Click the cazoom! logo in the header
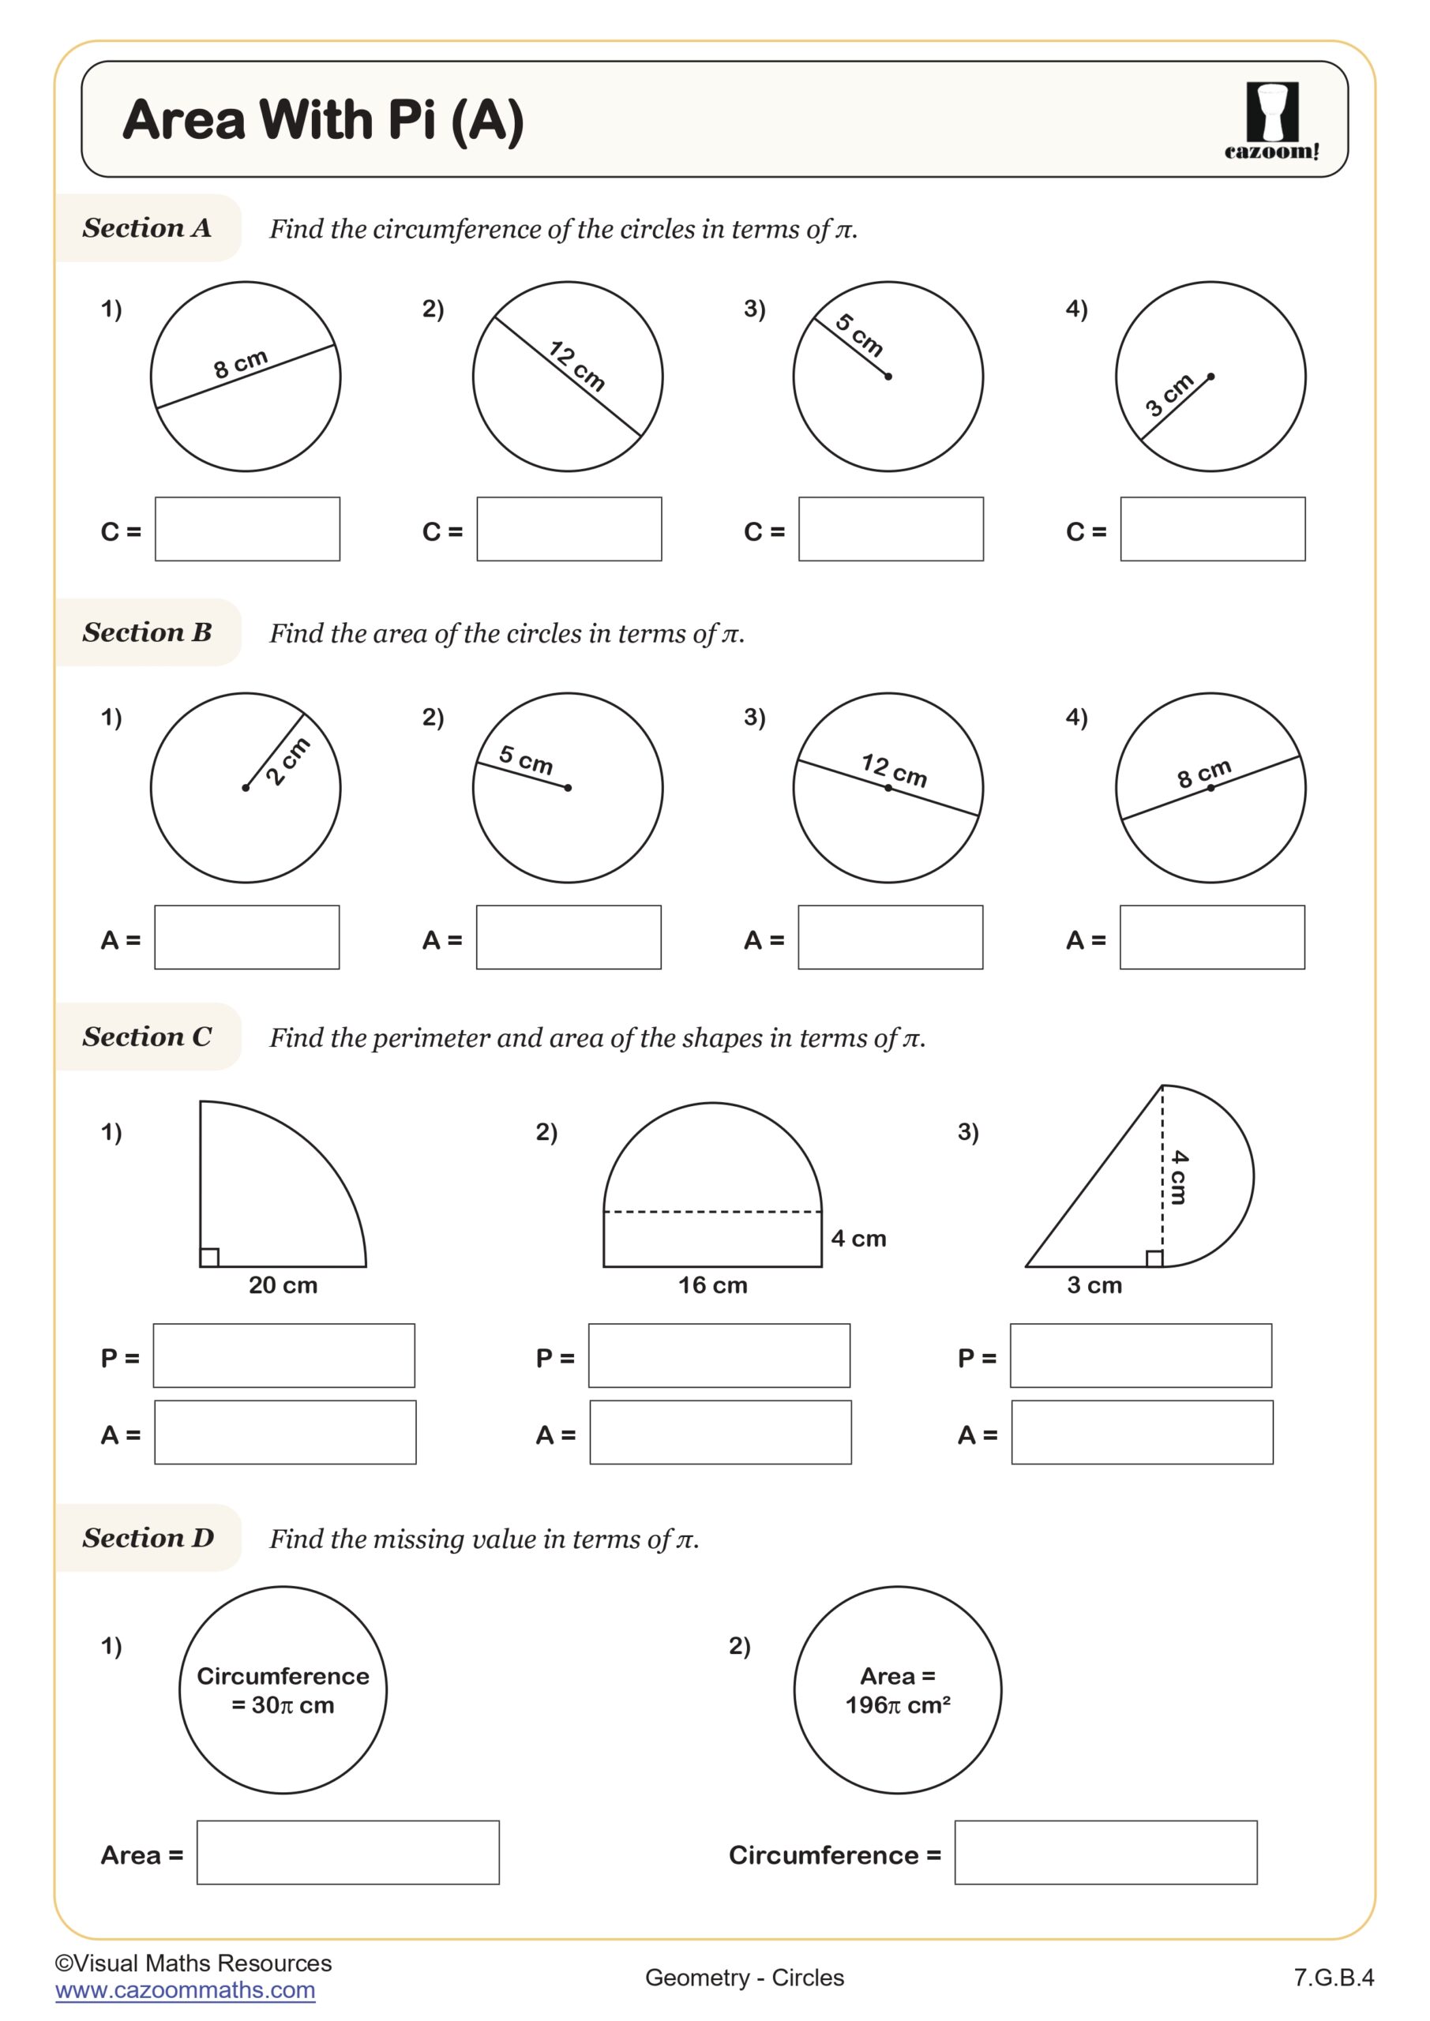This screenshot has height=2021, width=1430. click(1271, 121)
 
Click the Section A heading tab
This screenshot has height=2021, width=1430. click(147, 228)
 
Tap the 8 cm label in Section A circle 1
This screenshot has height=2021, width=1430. click(239, 362)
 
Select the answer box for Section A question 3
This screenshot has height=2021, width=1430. click(890, 529)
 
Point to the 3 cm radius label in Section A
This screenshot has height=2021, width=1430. click(1169, 395)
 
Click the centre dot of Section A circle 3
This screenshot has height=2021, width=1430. click(888, 377)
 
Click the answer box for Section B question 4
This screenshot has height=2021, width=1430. click(1211, 937)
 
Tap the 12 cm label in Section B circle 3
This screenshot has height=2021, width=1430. click(894, 771)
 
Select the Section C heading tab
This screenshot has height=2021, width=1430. click(147, 1037)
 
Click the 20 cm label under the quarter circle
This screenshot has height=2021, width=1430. click(283, 1285)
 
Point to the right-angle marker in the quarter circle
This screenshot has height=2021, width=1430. click(209, 1257)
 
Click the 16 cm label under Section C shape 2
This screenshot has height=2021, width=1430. click(712, 1285)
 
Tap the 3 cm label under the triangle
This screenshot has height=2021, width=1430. click(1094, 1285)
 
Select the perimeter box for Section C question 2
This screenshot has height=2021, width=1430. click(719, 1355)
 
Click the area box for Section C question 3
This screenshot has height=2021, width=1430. click(1141, 1432)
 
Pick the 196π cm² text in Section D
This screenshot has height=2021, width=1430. click(897, 1706)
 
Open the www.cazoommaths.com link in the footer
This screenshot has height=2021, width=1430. click(185, 1990)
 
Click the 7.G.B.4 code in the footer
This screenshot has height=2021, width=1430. click(1332, 1978)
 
